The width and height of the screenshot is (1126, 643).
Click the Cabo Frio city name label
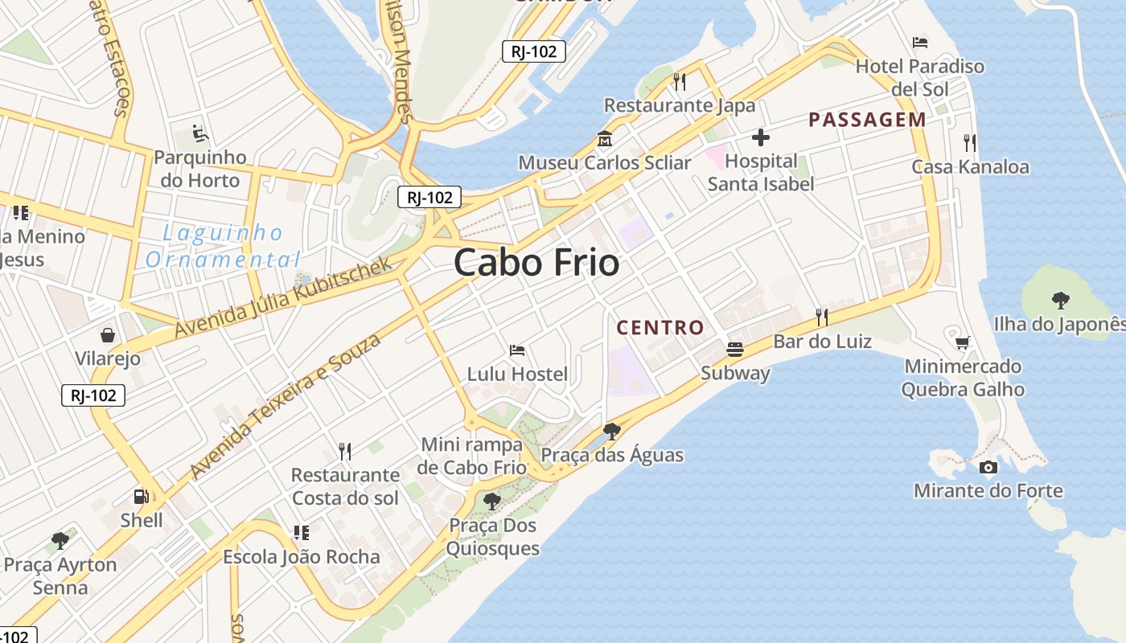click(536, 263)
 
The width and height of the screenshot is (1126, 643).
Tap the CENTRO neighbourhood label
click(660, 328)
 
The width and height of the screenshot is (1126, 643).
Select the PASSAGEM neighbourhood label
click(867, 121)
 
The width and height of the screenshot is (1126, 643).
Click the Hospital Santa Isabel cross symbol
click(760, 137)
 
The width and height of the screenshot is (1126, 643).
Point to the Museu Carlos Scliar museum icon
click(604, 139)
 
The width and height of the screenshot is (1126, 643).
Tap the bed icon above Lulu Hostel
click(517, 350)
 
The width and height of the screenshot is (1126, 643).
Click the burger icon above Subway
click(735, 349)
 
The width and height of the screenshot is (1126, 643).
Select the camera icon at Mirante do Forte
click(988, 467)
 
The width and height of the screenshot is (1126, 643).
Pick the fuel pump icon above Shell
click(141, 497)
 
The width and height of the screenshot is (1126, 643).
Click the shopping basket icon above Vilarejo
click(107, 334)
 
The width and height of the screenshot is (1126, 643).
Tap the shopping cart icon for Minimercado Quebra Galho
click(962, 342)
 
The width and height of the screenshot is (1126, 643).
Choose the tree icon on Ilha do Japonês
click(1060, 301)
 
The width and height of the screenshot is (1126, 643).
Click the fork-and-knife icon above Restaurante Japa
click(680, 81)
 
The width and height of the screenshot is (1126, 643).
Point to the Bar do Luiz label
click(822, 342)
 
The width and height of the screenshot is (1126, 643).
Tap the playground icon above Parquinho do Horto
click(200, 133)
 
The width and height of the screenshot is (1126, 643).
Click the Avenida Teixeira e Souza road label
click(286, 407)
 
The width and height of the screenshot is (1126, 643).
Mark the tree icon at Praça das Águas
click(611, 432)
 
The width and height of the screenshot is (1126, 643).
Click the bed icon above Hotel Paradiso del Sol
click(920, 42)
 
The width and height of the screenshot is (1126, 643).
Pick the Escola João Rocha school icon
click(302, 532)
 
